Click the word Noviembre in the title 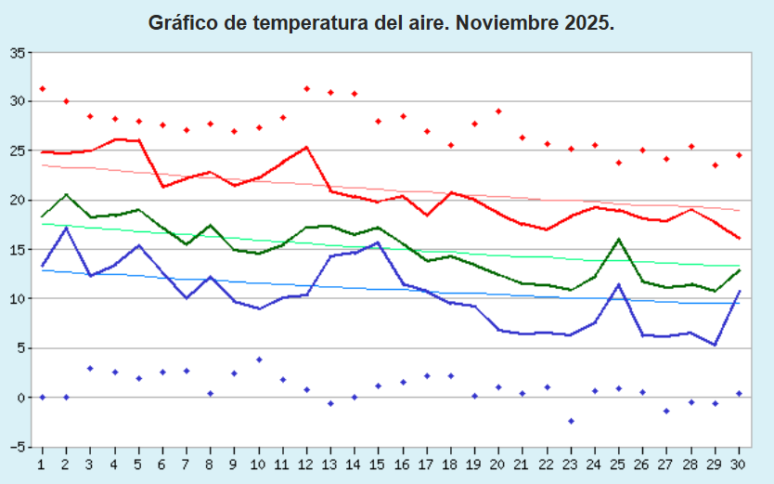(x=510, y=23)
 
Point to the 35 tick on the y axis (x=18, y=52)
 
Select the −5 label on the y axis (x=18, y=447)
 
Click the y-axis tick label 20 (x=18, y=200)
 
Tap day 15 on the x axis (x=380, y=462)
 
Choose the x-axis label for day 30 (x=740, y=462)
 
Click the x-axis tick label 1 (x=42, y=462)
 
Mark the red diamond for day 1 (x=43, y=89)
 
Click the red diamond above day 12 (x=307, y=89)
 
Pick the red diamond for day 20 (x=499, y=111)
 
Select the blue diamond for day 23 (x=572, y=421)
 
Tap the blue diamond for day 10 (x=259, y=360)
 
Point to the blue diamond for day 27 (x=667, y=411)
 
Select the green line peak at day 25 (x=619, y=240)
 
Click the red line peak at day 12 (x=306, y=147)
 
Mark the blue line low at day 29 (x=716, y=345)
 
